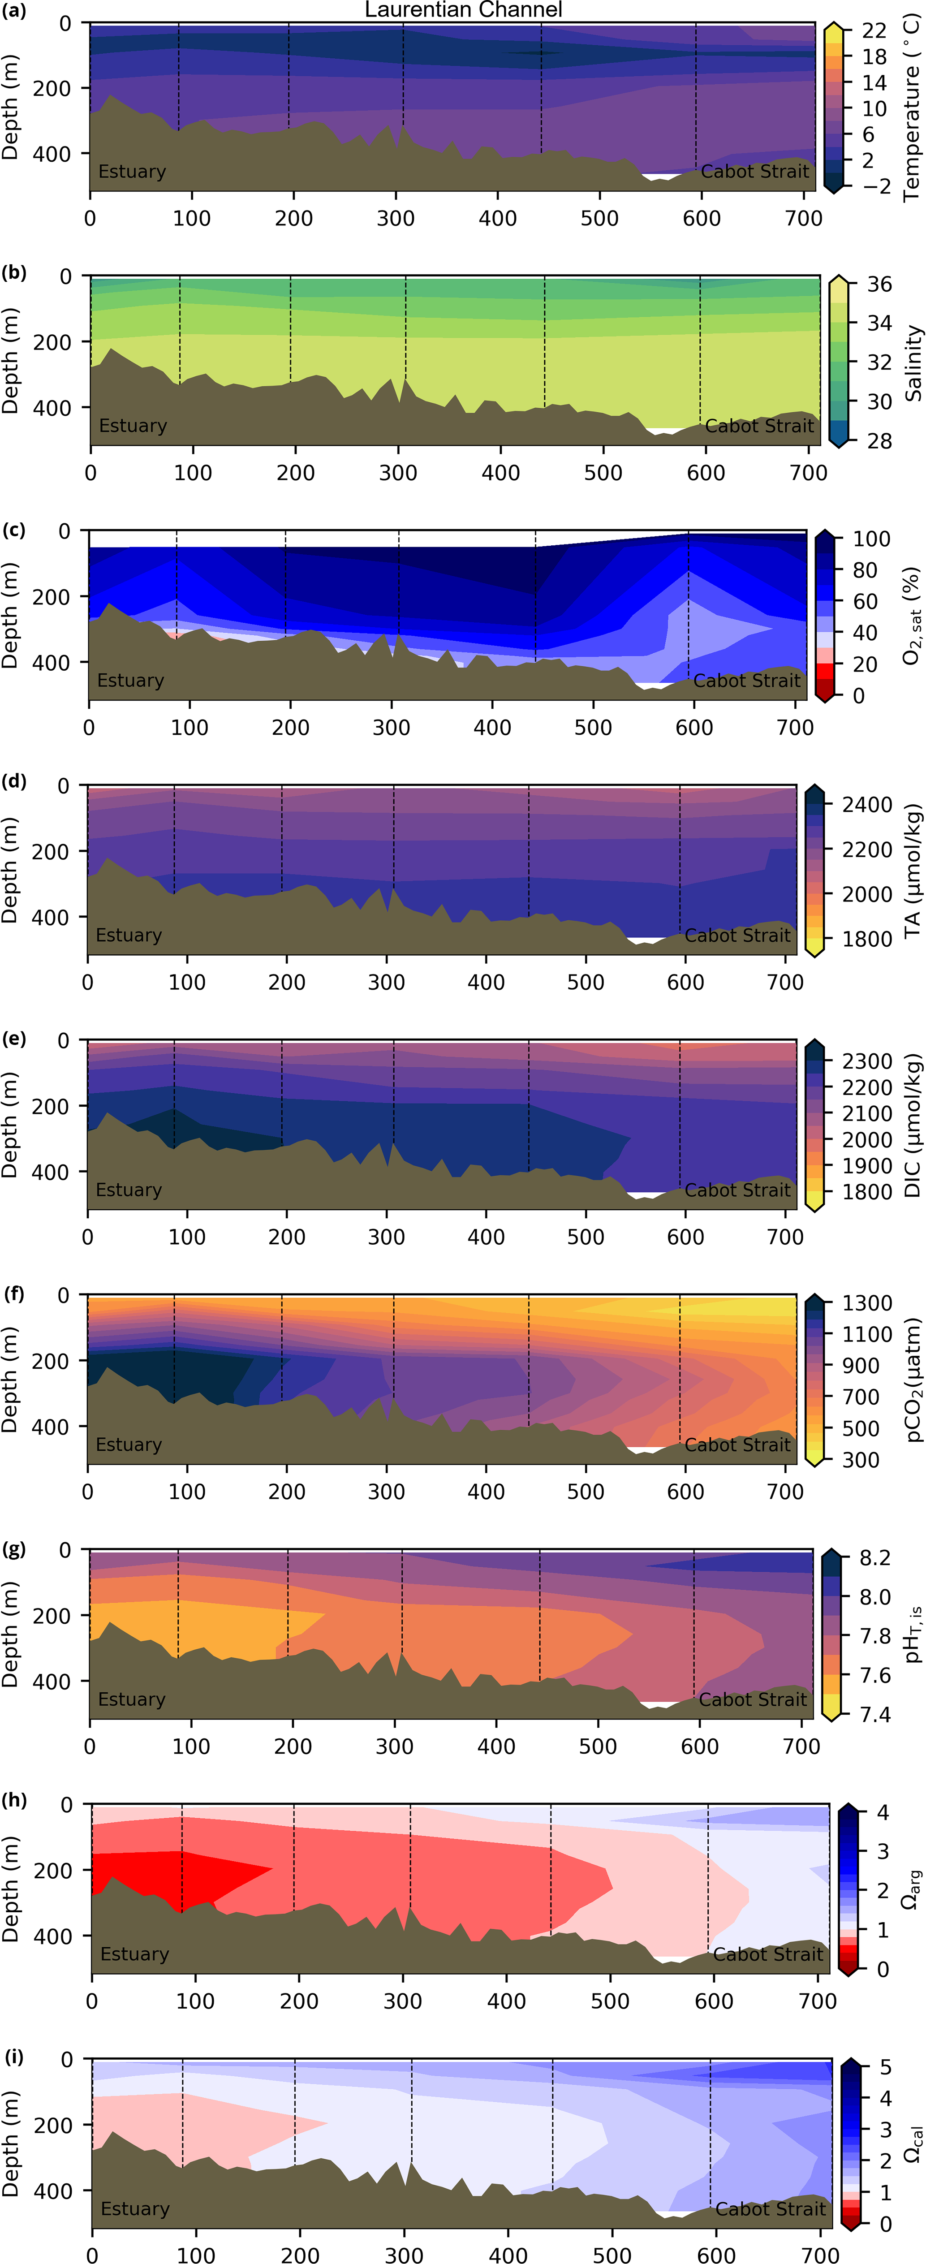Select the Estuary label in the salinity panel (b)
tap(133, 425)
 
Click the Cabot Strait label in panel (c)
tap(747, 680)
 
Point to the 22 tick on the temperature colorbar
tap(873, 31)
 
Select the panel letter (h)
tap(14, 1800)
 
